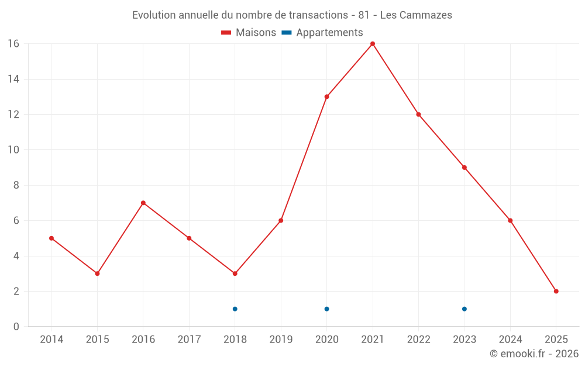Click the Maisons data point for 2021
click(373, 44)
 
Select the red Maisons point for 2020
click(326, 97)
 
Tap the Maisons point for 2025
click(556, 291)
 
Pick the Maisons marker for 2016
click(143, 203)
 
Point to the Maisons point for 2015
click(97, 273)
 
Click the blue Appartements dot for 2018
click(235, 309)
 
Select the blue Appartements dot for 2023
click(464, 309)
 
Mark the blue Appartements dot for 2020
click(326, 309)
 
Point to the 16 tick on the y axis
click(13, 44)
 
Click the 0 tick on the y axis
click(16, 327)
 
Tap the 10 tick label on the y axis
click(13, 150)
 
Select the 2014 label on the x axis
click(51, 339)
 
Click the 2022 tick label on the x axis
click(418, 339)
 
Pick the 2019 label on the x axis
click(281, 339)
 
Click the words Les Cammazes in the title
click(416, 15)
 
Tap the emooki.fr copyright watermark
click(534, 354)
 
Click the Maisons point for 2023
click(464, 167)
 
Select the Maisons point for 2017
click(189, 238)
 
